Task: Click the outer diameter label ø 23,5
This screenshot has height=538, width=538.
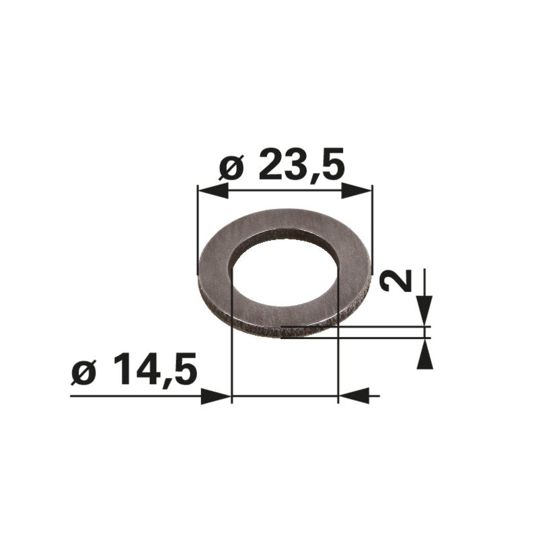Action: (x=281, y=164)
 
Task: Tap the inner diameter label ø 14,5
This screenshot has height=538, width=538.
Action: (x=134, y=369)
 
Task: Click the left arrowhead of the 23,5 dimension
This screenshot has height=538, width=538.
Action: (x=213, y=190)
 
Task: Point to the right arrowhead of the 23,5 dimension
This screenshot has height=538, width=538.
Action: (x=356, y=190)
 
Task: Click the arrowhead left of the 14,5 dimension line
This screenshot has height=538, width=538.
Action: (x=216, y=396)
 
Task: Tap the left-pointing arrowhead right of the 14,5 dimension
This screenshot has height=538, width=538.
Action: (x=354, y=395)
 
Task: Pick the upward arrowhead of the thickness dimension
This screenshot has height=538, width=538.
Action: (x=425, y=354)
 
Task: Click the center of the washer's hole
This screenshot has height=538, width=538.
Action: (x=284, y=272)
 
